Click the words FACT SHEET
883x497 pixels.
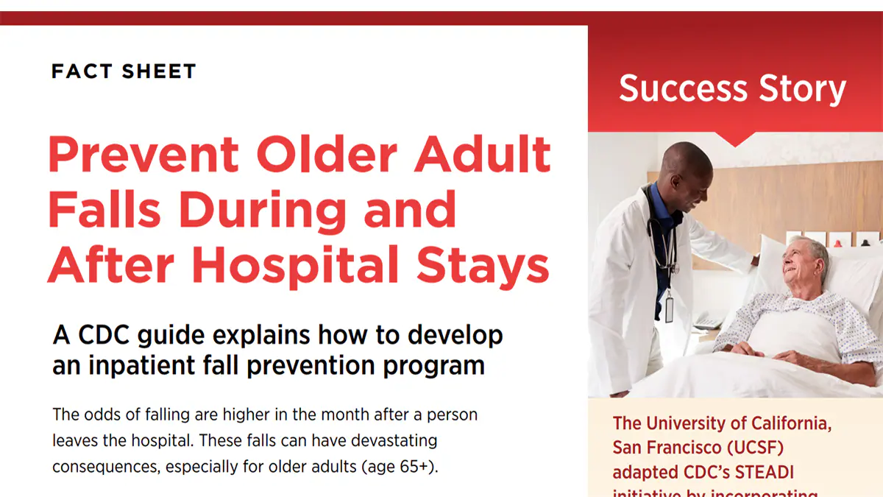click(x=124, y=71)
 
